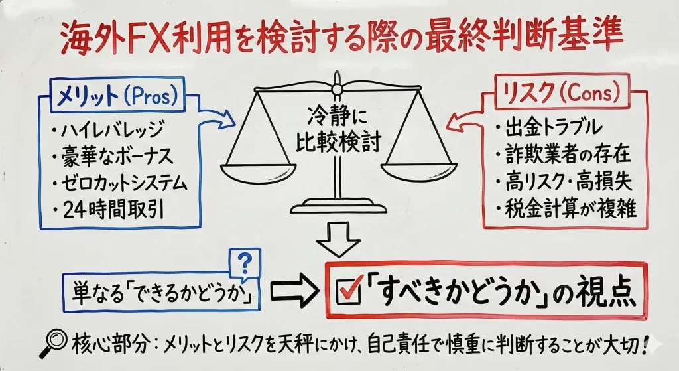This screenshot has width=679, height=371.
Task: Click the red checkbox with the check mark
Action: pyautogui.click(x=348, y=293)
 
